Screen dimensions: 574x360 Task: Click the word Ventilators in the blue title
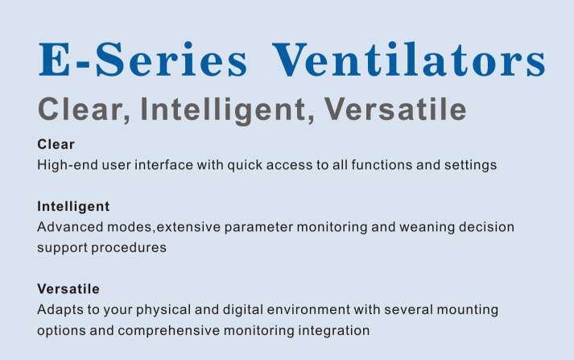tap(409, 60)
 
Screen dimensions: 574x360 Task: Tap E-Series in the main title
tap(142, 60)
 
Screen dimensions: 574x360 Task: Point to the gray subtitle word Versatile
tap(395, 109)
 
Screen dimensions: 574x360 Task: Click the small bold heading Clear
tap(56, 144)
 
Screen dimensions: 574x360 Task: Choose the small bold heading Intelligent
tap(73, 207)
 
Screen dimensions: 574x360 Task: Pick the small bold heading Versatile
tap(68, 289)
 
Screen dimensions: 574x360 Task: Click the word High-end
tap(68, 165)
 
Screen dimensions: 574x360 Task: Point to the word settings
tap(471, 166)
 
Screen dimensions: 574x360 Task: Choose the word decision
tap(486, 227)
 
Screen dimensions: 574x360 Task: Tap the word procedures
tap(129, 248)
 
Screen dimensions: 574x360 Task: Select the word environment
tap(308, 310)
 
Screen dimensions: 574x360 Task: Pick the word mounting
tap(468, 311)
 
